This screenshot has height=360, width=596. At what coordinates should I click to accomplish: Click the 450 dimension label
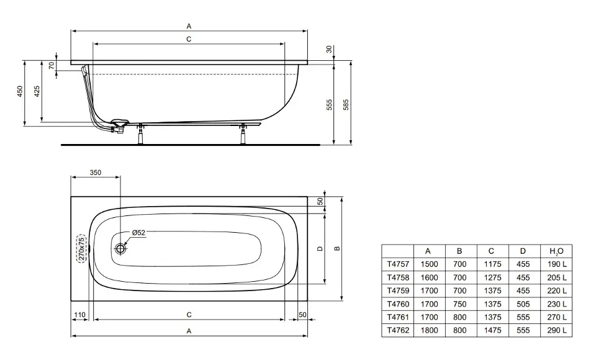click(x=20, y=91)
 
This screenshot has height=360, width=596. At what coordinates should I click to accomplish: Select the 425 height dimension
click(x=37, y=91)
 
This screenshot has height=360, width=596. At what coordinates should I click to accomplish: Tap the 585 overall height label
click(x=346, y=105)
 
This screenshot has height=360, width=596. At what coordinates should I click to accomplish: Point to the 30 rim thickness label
click(x=329, y=49)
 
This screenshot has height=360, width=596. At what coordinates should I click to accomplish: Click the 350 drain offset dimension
click(x=96, y=173)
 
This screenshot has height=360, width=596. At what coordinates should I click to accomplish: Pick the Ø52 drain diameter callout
click(x=138, y=233)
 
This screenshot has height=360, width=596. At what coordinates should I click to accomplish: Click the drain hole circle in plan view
click(x=121, y=249)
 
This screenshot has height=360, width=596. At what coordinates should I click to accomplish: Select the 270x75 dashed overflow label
click(x=81, y=249)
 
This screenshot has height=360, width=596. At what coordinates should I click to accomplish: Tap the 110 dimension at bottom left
click(x=79, y=315)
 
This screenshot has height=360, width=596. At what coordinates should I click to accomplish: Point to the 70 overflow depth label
click(x=52, y=65)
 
